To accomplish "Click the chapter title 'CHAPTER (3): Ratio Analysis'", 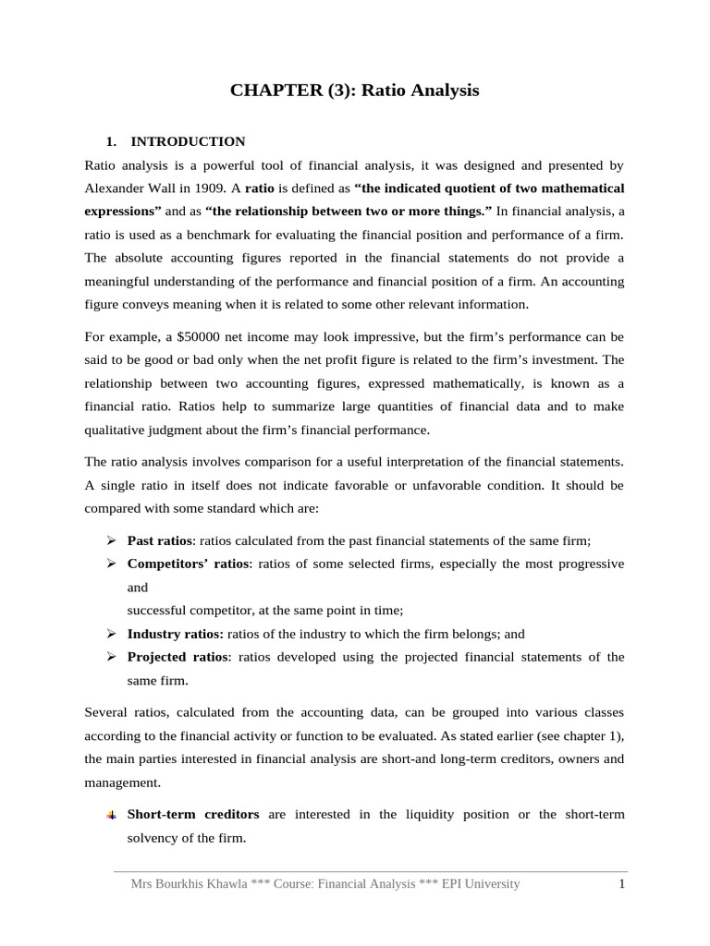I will (x=355, y=91).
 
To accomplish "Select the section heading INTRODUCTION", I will (x=188, y=141).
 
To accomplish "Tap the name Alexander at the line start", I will (x=114, y=188).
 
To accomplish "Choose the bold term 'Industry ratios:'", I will (x=175, y=634).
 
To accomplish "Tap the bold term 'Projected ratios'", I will (x=177, y=657).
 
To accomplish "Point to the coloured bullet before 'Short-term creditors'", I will (x=110, y=815).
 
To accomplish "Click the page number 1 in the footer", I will (x=622, y=884).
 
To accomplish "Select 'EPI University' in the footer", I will (x=481, y=884).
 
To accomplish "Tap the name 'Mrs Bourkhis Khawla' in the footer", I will (x=189, y=884).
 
